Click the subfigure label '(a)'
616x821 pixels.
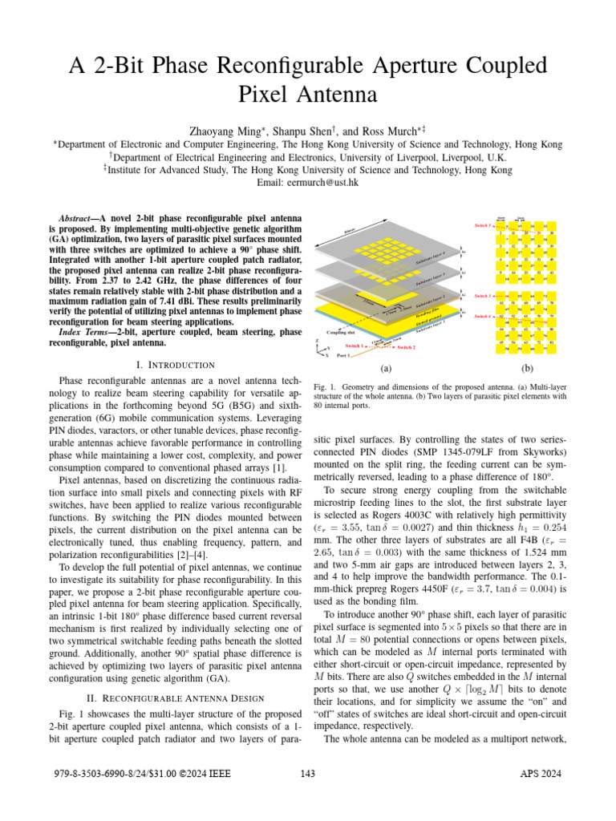click(x=386, y=370)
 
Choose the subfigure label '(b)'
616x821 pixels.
click(x=527, y=370)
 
